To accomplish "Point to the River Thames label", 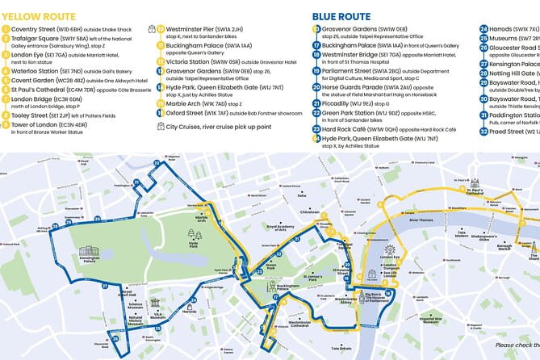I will point(421,219).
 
